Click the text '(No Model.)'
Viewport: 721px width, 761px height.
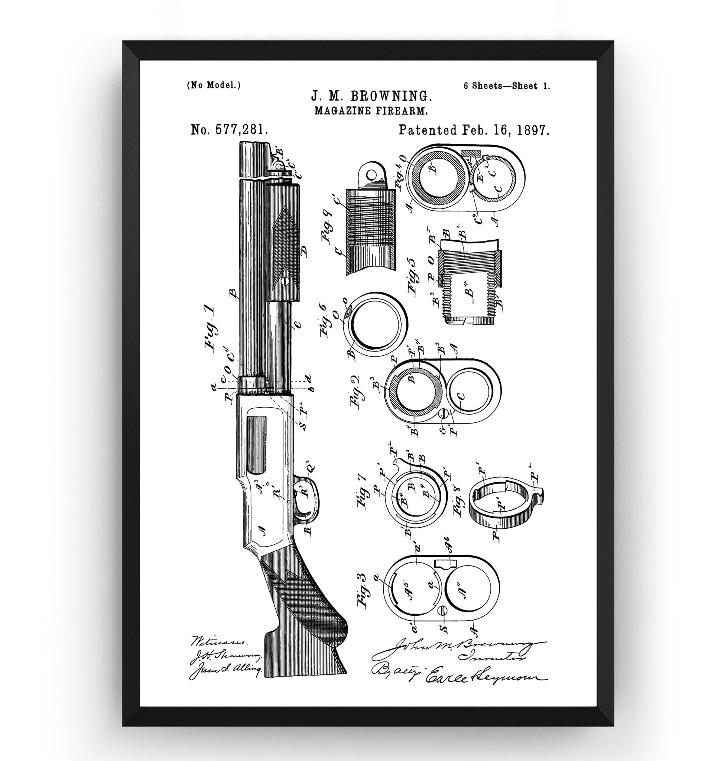point(214,85)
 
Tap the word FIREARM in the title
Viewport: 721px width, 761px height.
point(402,111)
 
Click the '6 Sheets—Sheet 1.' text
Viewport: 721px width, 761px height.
point(507,86)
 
